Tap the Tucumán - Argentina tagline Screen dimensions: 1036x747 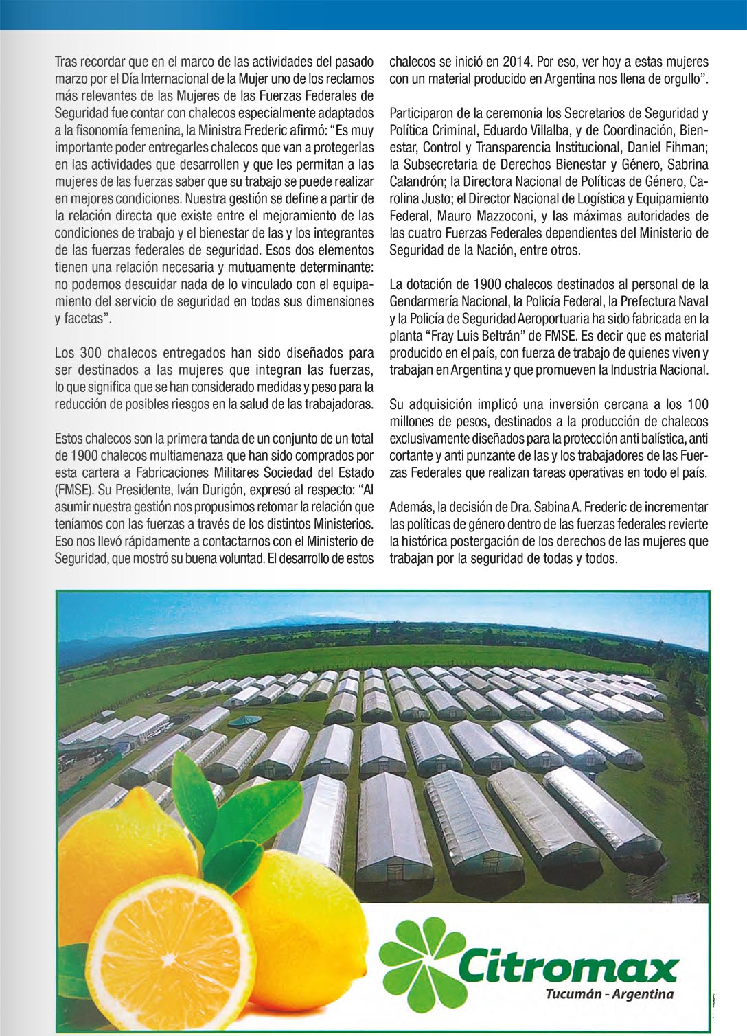[609, 994]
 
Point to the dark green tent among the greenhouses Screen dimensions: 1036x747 [245, 720]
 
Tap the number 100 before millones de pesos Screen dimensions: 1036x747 [698, 404]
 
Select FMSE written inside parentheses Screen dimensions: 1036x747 [73, 490]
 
